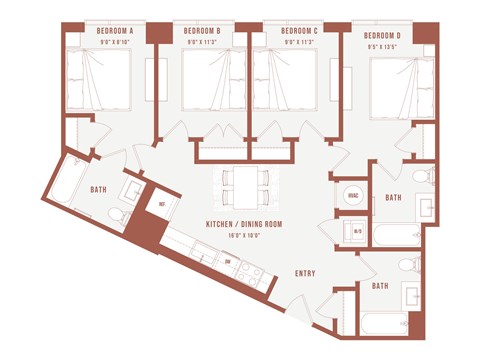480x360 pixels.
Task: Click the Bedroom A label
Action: (115, 31)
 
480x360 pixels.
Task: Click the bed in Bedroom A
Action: (98, 79)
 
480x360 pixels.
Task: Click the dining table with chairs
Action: (245, 186)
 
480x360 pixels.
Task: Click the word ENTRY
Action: (306, 273)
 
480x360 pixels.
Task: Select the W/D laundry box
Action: (357, 232)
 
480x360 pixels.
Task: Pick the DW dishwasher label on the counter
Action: (228, 263)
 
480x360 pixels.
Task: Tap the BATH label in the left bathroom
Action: (98, 189)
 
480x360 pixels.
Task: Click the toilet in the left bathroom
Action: (115, 217)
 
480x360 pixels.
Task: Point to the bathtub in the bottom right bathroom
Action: (384, 323)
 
